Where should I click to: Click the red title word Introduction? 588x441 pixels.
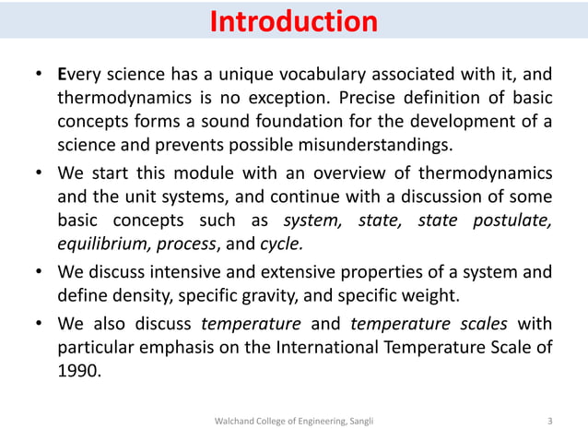coord(293,21)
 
